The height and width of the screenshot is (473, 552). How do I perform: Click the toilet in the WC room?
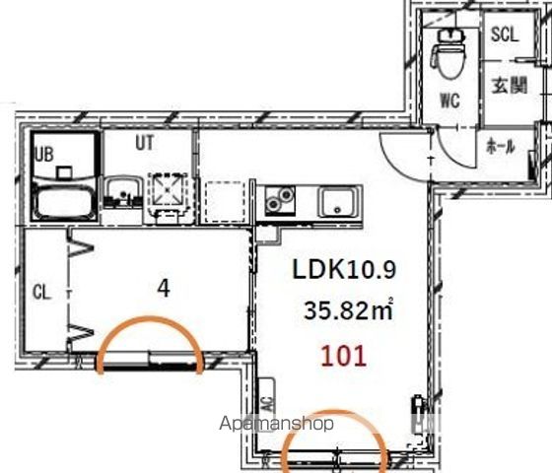[x=448, y=53]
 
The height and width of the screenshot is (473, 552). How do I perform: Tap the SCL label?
[x=505, y=34]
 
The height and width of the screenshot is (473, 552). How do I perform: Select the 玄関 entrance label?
[x=509, y=85]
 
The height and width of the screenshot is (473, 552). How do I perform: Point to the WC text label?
[x=450, y=100]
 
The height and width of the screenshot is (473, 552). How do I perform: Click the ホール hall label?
[x=501, y=146]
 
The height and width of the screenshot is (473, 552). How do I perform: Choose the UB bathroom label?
[x=44, y=154]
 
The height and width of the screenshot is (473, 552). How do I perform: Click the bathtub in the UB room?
[x=64, y=201]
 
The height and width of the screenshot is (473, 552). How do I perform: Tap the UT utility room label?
[x=145, y=143]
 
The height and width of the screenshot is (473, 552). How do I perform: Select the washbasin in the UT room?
[x=123, y=191]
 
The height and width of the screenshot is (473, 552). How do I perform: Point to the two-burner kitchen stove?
[x=280, y=200]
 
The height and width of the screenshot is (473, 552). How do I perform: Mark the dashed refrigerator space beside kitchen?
[x=225, y=202]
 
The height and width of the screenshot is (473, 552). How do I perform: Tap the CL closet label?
[x=41, y=292]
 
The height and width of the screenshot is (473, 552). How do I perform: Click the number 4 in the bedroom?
[x=164, y=289]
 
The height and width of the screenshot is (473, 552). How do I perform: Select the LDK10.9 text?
[x=344, y=269]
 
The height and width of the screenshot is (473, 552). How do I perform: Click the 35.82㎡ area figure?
[x=348, y=309]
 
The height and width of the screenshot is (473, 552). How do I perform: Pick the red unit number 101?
[x=344, y=356]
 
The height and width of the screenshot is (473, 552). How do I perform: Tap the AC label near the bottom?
[x=268, y=404]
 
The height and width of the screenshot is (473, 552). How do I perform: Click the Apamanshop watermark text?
[x=276, y=424]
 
